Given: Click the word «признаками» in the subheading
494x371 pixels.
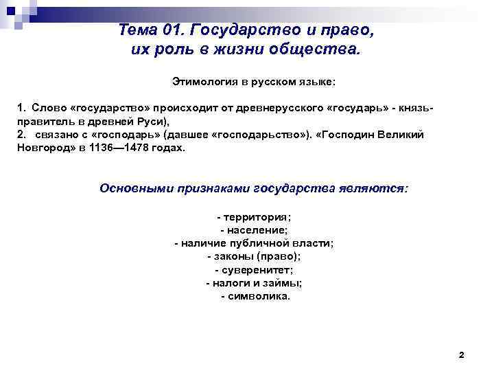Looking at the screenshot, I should [212, 188].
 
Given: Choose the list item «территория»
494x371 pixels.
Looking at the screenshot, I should [256, 217].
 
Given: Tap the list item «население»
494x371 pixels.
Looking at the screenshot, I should [256, 230].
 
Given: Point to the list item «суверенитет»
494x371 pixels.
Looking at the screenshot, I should [256, 270].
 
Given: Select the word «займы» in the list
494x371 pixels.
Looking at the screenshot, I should [285, 283].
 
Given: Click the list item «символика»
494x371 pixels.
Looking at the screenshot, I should [258, 296].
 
